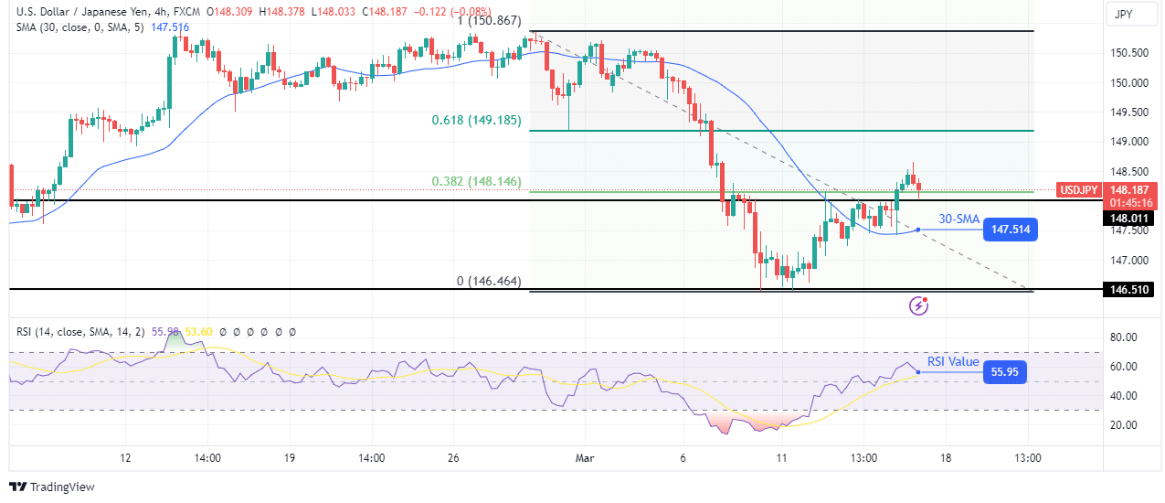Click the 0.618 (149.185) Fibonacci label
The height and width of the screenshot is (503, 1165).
tap(476, 120)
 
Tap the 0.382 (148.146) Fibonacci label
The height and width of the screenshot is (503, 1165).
tap(476, 181)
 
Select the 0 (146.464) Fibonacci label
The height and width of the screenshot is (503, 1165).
tap(489, 282)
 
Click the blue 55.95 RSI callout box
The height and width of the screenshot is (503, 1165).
tap(1004, 371)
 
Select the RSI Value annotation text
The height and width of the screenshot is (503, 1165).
tap(953, 361)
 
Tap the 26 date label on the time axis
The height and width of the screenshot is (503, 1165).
tap(453, 457)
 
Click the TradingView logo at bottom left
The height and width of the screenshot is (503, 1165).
tap(52, 487)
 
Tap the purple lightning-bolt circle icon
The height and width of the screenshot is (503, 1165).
tap(919, 305)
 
